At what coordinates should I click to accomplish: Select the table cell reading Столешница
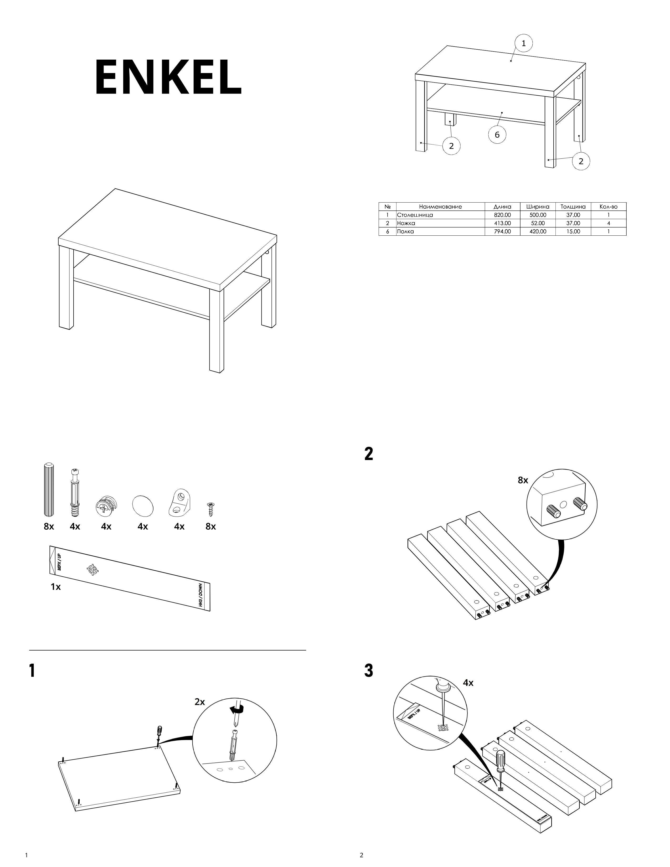coord(415,215)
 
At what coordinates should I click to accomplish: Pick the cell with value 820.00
coord(502,215)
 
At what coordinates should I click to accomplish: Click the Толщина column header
coord(573,207)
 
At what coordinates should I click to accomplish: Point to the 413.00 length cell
coord(502,223)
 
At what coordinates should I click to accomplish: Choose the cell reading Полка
coord(406,231)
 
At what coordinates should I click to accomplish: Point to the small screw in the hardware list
coord(210,509)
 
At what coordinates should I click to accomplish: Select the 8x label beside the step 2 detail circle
coord(523,480)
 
